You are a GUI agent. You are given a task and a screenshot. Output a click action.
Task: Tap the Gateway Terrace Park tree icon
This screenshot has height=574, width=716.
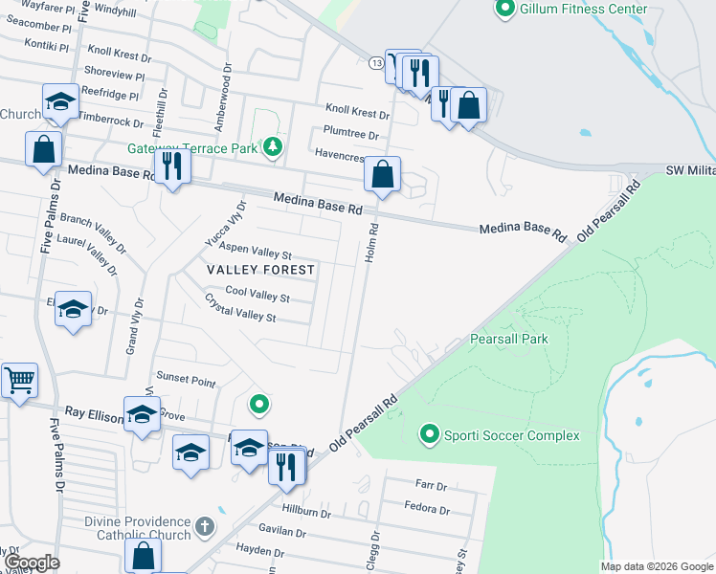[x=274, y=147]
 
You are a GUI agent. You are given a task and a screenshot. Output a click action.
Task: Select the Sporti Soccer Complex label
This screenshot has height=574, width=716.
[x=511, y=435]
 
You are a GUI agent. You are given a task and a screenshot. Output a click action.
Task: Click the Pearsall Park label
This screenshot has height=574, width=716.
[x=509, y=339]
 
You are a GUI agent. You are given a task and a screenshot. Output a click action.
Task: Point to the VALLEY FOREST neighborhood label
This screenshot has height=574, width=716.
[x=261, y=270]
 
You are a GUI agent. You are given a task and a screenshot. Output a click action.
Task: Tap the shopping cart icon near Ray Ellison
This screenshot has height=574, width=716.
[x=19, y=381]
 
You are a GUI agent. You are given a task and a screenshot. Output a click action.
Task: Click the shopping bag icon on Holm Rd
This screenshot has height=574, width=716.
[x=382, y=175]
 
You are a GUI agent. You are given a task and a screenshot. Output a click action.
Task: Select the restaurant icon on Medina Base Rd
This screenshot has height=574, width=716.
[x=172, y=166]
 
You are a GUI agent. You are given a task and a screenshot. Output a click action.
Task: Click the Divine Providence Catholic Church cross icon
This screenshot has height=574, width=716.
[x=203, y=526]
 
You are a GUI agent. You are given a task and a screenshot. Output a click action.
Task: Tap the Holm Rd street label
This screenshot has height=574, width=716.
[x=372, y=244]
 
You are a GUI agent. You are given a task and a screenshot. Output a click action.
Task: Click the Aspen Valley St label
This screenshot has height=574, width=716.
[x=256, y=252]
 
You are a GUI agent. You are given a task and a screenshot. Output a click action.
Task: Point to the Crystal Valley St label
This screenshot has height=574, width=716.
[x=240, y=308]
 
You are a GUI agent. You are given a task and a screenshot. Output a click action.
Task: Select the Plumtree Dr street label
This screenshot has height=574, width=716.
[x=351, y=135]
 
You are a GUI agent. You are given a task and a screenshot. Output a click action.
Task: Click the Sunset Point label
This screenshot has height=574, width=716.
[x=186, y=380]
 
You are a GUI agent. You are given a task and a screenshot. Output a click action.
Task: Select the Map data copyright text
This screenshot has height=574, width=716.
[x=657, y=566]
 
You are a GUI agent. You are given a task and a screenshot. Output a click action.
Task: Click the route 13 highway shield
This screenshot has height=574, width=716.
[x=375, y=62]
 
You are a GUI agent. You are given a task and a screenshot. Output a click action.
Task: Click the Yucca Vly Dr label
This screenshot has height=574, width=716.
[x=226, y=225]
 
